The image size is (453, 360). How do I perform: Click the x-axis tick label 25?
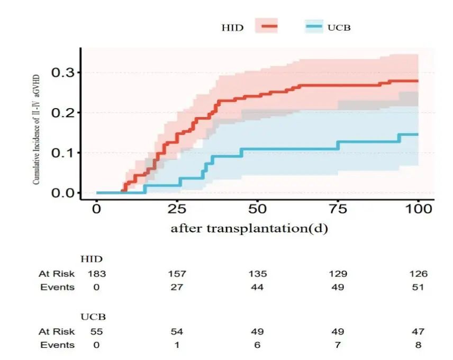[x=177, y=209]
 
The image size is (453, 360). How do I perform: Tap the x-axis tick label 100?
[x=418, y=209]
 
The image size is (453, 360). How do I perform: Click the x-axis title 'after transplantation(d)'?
[x=250, y=229]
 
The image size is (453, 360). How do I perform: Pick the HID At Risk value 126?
[x=418, y=274]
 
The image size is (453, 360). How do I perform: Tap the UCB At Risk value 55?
[x=97, y=331]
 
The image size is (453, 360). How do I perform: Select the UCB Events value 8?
[x=418, y=345]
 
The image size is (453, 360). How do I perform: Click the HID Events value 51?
[x=418, y=287]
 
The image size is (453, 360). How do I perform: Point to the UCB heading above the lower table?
[x=93, y=317]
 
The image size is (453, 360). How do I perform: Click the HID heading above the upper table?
[x=91, y=259]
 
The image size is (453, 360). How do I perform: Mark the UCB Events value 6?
[x=257, y=345]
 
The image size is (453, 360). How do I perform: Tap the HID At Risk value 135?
[x=257, y=274]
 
